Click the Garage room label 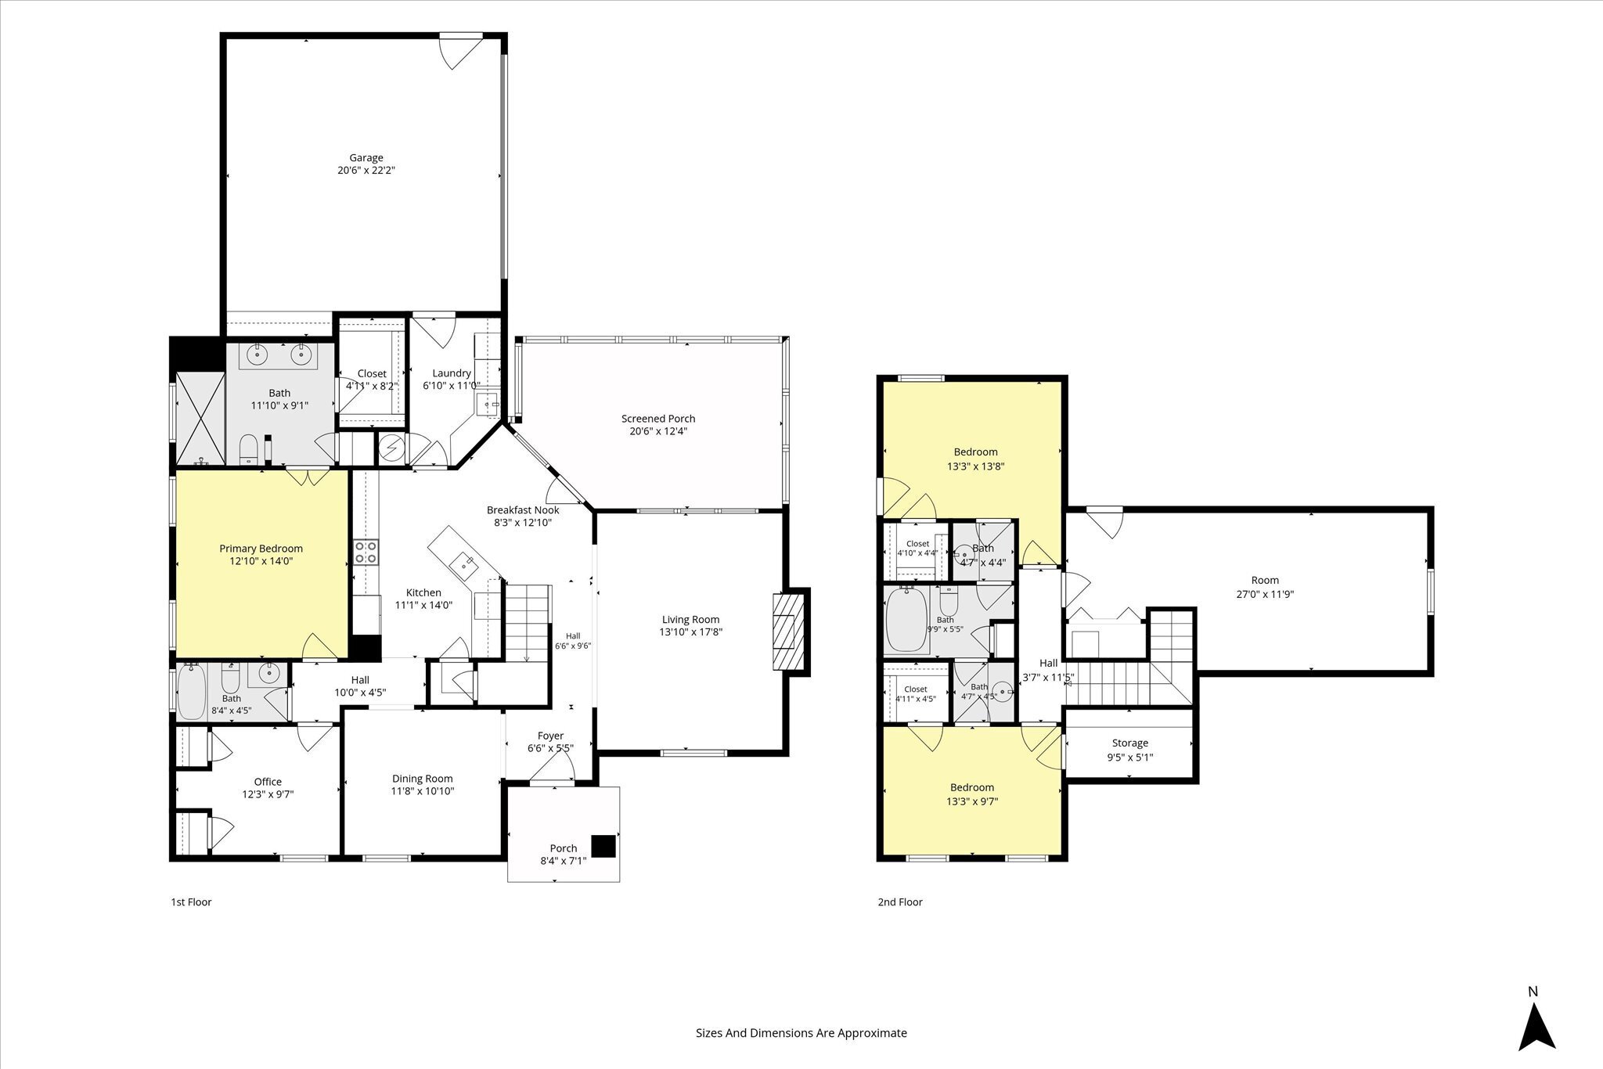(x=366, y=158)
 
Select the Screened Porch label (x=658, y=419)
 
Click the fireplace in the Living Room (x=788, y=631)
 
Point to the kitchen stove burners (x=366, y=552)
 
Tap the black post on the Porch (x=603, y=847)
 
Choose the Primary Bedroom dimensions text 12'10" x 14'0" (x=261, y=561)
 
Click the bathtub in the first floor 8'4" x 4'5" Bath (x=191, y=692)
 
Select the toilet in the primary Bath (x=248, y=448)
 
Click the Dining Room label (x=423, y=779)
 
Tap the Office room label (x=268, y=782)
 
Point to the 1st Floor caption (x=191, y=902)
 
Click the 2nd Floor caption (x=900, y=902)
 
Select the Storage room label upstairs (x=1130, y=743)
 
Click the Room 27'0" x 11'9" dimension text (x=1265, y=594)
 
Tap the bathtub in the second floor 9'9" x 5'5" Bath (x=906, y=620)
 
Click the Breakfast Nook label (x=523, y=510)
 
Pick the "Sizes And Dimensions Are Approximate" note (x=801, y=1032)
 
